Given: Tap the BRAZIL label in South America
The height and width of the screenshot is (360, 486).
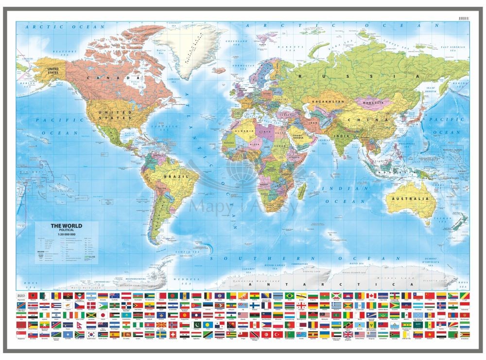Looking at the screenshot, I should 173,176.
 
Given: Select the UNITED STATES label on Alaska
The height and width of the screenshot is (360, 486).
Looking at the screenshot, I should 52,71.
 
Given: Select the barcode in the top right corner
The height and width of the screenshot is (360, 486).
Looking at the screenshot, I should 465,18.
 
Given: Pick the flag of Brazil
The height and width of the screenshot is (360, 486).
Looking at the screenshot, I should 290,296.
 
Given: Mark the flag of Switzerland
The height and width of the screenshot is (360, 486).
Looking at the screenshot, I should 173,334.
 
